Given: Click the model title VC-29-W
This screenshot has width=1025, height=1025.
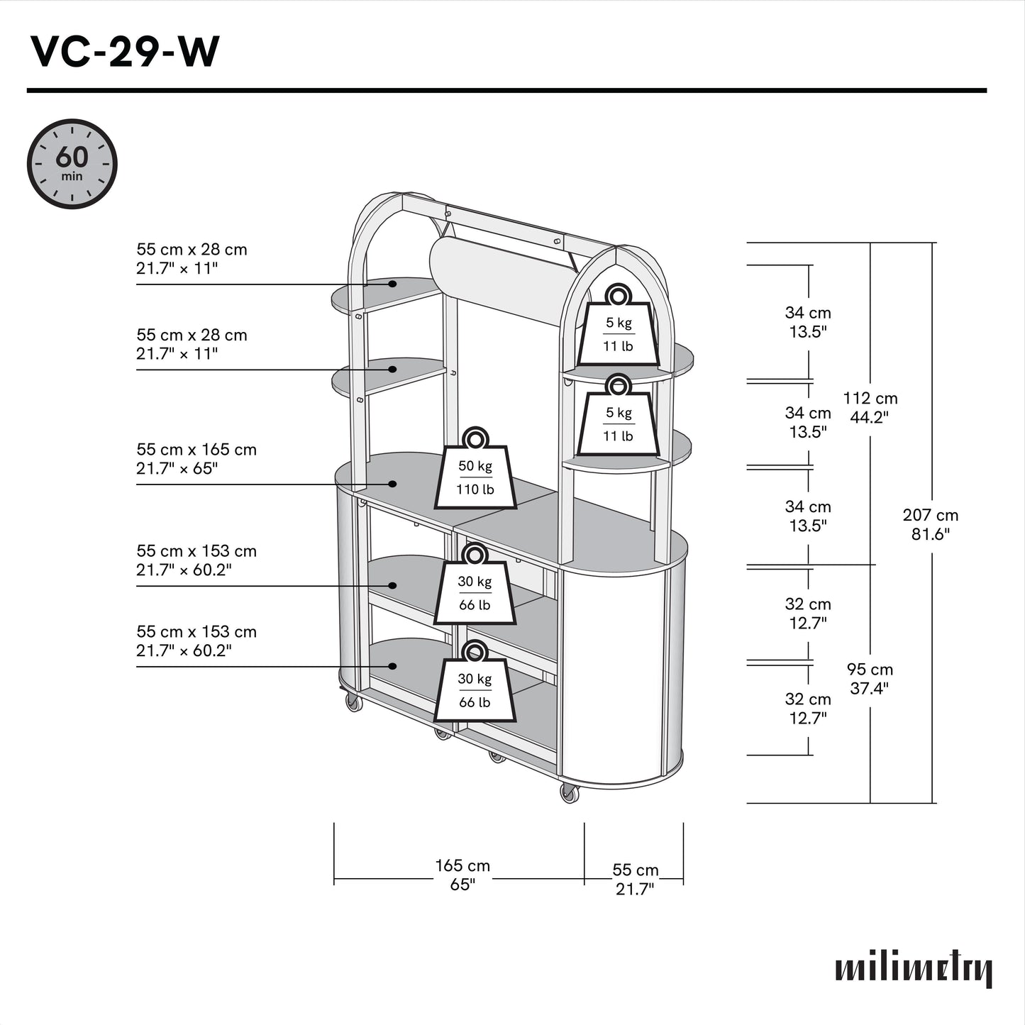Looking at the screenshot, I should point(125,51).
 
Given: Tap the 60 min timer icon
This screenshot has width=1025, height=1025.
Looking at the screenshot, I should point(72,164).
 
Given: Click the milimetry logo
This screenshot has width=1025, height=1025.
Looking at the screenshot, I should point(914,968).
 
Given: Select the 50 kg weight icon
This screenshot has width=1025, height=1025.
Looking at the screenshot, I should point(475,471).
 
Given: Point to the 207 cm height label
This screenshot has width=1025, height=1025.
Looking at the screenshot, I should point(930,516).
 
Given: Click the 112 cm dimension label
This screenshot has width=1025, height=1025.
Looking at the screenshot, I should point(870,399).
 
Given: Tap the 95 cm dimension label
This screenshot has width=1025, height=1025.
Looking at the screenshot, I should point(870,670).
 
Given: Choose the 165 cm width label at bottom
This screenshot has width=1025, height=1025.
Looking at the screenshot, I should point(462,866).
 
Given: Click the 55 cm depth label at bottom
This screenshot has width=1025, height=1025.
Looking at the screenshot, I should point(635,870).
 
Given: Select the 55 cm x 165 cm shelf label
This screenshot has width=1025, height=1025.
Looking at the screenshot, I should point(196,450).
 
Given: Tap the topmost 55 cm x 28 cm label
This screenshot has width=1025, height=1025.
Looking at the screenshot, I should point(192,250).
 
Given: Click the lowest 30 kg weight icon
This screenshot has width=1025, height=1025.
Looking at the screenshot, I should point(475,684).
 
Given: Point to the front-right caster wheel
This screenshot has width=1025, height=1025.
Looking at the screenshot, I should point(569,794).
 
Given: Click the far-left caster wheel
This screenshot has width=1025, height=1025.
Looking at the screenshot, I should point(353,702).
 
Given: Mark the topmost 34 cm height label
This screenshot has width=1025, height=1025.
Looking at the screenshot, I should point(807,313).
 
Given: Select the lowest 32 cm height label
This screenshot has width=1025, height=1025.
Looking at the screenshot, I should point(807,699).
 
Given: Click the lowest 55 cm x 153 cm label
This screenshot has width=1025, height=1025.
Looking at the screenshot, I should point(196,632).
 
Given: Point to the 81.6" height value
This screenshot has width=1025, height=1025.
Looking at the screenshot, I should point(930,534).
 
